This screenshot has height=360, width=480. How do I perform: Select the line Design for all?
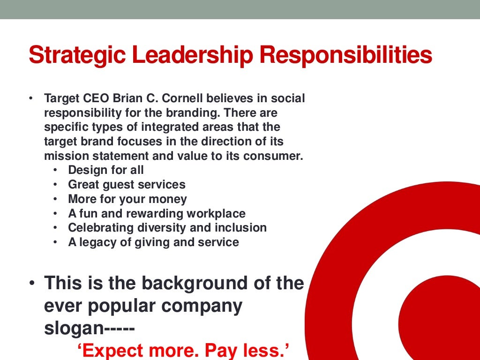(x=106, y=170)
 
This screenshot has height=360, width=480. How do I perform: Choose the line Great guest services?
(x=127, y=185)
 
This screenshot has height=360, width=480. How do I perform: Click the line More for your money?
(x=127, y=199)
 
